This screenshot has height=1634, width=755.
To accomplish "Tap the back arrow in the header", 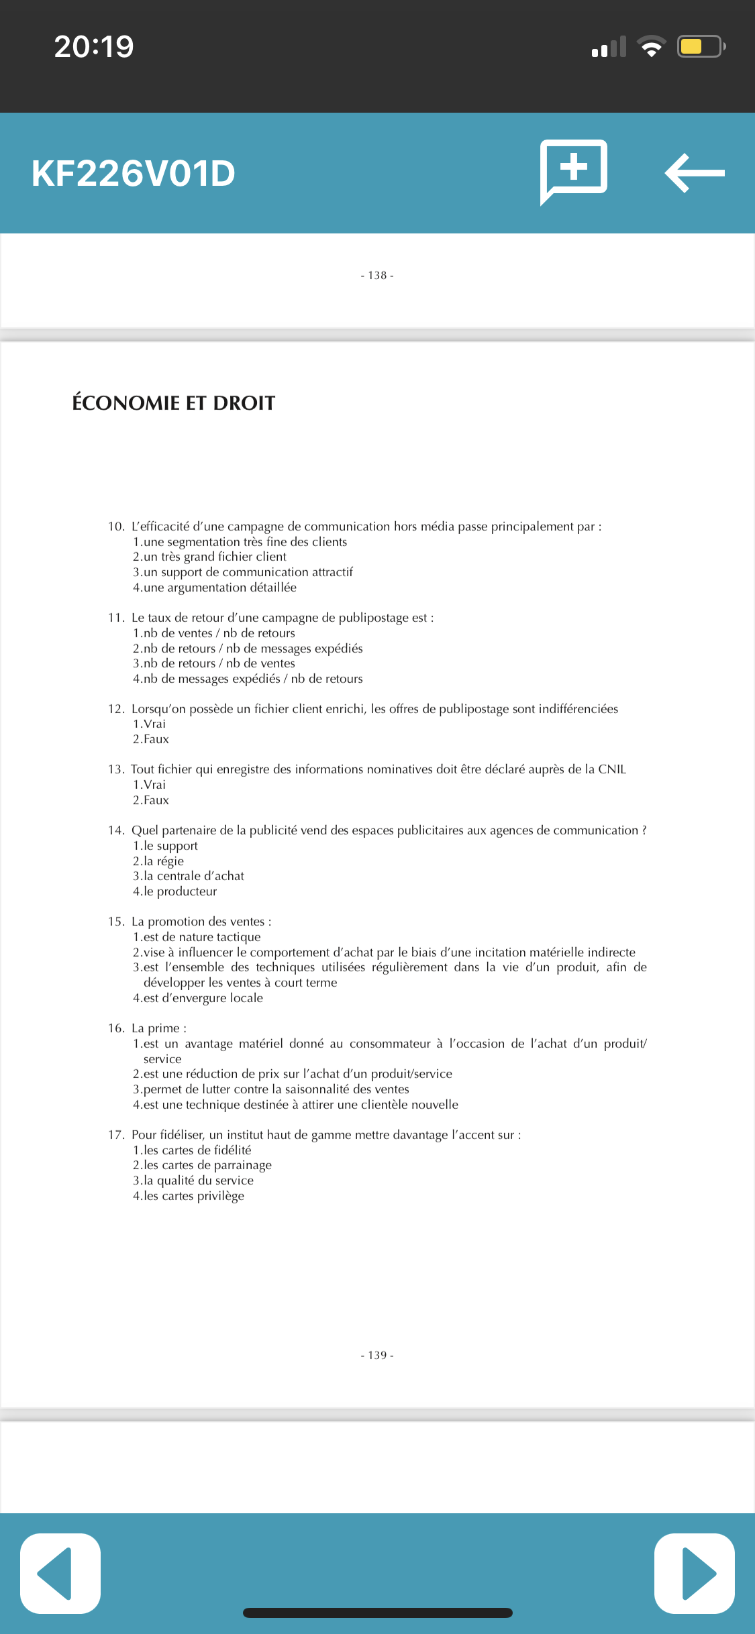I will point(695,173).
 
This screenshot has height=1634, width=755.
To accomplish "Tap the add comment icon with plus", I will point(574,170).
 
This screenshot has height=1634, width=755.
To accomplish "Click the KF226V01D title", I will point(134,174).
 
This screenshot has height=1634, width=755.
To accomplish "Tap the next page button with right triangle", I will point(695,1573).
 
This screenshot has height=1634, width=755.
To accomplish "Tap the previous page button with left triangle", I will point(60,1573).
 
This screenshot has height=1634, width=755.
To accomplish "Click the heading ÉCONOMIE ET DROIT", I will point(174,403).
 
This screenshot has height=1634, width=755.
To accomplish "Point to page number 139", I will point(377,1355).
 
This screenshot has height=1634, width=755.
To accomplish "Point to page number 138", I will point(377,276).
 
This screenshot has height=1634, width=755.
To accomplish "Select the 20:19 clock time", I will point(94,47).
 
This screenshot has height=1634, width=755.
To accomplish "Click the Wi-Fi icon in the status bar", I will point(650,46).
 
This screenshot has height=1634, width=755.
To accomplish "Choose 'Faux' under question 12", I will point(156,739).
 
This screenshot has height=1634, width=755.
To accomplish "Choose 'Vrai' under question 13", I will point(154,785).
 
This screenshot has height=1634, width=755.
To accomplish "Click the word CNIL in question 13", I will point(611,769).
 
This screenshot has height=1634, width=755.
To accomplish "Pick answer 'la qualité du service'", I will point(198,1181).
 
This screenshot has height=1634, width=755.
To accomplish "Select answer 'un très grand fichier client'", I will point(214,557).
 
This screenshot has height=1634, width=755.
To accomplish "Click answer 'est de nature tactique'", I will point(201,937).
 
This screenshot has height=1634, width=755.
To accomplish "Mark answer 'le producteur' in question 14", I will point(180,891).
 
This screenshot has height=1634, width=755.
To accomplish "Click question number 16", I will point(116,1028).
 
